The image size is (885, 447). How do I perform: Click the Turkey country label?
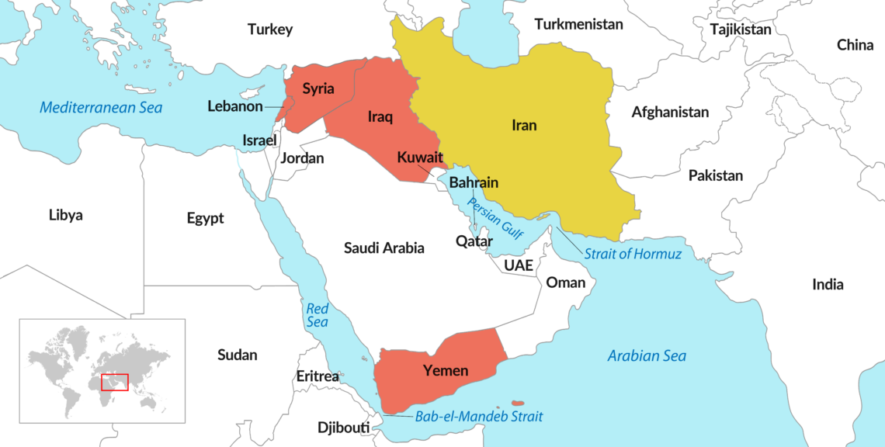tap(270, 29)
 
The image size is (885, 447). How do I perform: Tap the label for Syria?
tap(318, 88)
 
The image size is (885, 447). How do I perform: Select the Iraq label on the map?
tap(380, 118)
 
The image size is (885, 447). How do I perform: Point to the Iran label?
tap(524, 125)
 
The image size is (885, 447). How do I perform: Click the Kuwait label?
tap(420, 158)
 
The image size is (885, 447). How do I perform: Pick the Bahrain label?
tap(474, 183)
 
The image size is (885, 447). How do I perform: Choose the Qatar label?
tap(474, 241)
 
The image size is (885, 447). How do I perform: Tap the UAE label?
tap(519, 265)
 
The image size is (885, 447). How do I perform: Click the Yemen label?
tap(446, 371)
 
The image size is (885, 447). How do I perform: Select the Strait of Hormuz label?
tap(633, 254)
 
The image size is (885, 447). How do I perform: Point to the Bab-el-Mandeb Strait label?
tap(479, 417)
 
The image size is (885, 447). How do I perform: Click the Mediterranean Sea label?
tap(101, 107)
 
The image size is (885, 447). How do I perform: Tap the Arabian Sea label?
tap(647, 356)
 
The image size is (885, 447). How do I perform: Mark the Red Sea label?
tap(317, 314)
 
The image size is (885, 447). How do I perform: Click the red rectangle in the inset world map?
tap(115, 382)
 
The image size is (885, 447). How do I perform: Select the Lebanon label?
tap(234, 106)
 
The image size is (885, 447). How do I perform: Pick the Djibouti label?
tap(343, 428)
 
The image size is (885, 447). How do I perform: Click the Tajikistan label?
tap(741, 29)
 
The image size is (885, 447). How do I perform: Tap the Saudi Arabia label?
tap(384, 248)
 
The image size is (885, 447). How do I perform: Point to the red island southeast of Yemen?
tap(518, 403)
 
